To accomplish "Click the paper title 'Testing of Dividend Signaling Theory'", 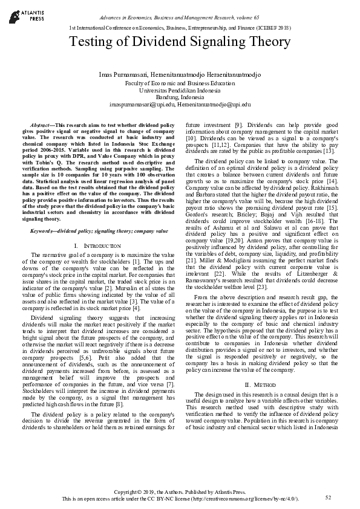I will (180, 42).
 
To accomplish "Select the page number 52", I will (329, 497).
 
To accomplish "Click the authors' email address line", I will (180, 104).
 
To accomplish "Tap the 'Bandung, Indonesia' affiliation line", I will (180, 97).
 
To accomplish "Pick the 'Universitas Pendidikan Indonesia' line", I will (180, 89).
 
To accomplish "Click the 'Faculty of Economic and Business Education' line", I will (180, 82).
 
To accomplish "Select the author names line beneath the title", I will (180, 73).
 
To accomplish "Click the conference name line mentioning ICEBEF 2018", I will (180, 28).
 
